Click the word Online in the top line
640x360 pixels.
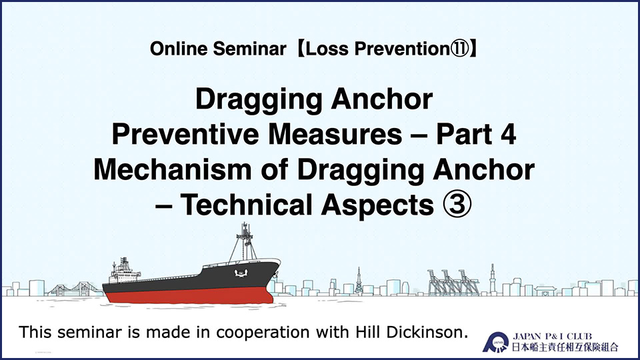click(x=179, y=49)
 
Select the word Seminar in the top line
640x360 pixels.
click(x=249, y=49)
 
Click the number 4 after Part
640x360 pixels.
click(x=508, y=135)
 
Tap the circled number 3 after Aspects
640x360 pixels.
click(x=457, y=205)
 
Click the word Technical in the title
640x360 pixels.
click(x=246, y=205)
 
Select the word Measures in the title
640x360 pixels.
click(x=335, y=135)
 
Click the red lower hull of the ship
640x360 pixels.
click(x=189, y=295)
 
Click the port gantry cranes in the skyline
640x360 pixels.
click(x=453, y=282)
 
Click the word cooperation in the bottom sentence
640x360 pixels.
click(x=263, y=333)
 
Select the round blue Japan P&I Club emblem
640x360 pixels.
click(x=496, y=343)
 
